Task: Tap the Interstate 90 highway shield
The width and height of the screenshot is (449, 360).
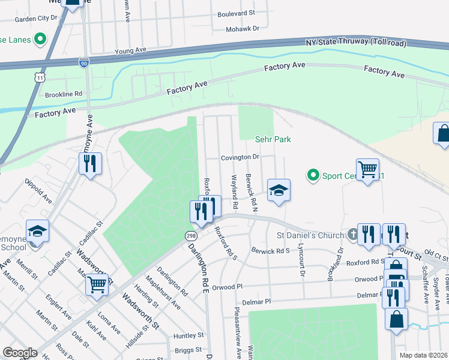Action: (84, 62)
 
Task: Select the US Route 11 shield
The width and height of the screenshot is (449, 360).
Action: (40, 78)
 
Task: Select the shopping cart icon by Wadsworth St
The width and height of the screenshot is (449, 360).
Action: (97, 284)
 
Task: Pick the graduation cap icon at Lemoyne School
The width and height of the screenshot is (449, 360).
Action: (37, 231)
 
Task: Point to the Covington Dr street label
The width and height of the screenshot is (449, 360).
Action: (239, 157)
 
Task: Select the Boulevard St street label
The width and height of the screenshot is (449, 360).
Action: (236, 13)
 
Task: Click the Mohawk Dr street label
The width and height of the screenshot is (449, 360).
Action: (243, 28)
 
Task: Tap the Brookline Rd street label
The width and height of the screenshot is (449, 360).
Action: (63, 94)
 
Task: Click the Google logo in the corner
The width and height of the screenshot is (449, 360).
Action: (20, 353)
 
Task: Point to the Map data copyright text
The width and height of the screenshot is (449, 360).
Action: (424, 355)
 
